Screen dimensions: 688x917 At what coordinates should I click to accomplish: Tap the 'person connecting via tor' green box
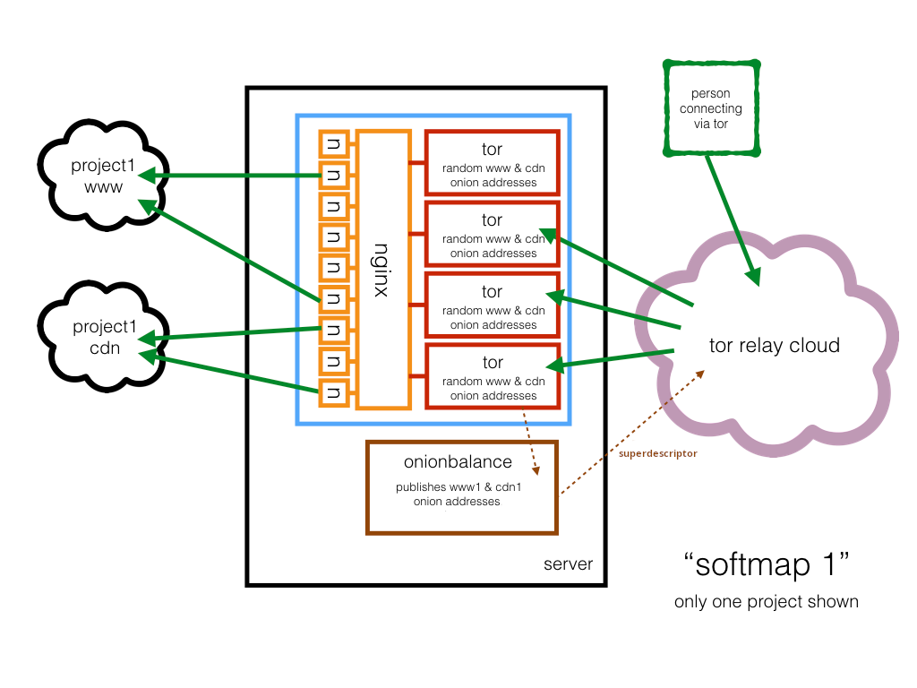coord(710,107)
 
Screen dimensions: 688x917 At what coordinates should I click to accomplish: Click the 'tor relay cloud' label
coord(774,346)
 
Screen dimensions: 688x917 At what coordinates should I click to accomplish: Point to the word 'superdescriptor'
coord(658,453)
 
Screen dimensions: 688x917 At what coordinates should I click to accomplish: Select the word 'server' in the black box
coord(568,564)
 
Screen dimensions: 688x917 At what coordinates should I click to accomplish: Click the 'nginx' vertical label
coord(381,270)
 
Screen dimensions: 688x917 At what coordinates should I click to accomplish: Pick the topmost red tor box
coord(492,162)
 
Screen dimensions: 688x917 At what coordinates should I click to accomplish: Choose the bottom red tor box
coord(492,376)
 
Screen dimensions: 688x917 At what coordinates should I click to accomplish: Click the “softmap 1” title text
coord(766,565)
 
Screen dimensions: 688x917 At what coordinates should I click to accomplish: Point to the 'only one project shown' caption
coord(766,601)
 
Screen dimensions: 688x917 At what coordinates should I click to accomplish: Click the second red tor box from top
coord(492,234)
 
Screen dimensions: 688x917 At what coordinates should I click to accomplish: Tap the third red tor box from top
coord(492,305)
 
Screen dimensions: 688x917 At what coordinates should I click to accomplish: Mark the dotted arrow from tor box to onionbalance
coord(529,443)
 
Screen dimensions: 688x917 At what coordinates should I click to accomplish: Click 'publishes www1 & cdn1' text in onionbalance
coord(457,488)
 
